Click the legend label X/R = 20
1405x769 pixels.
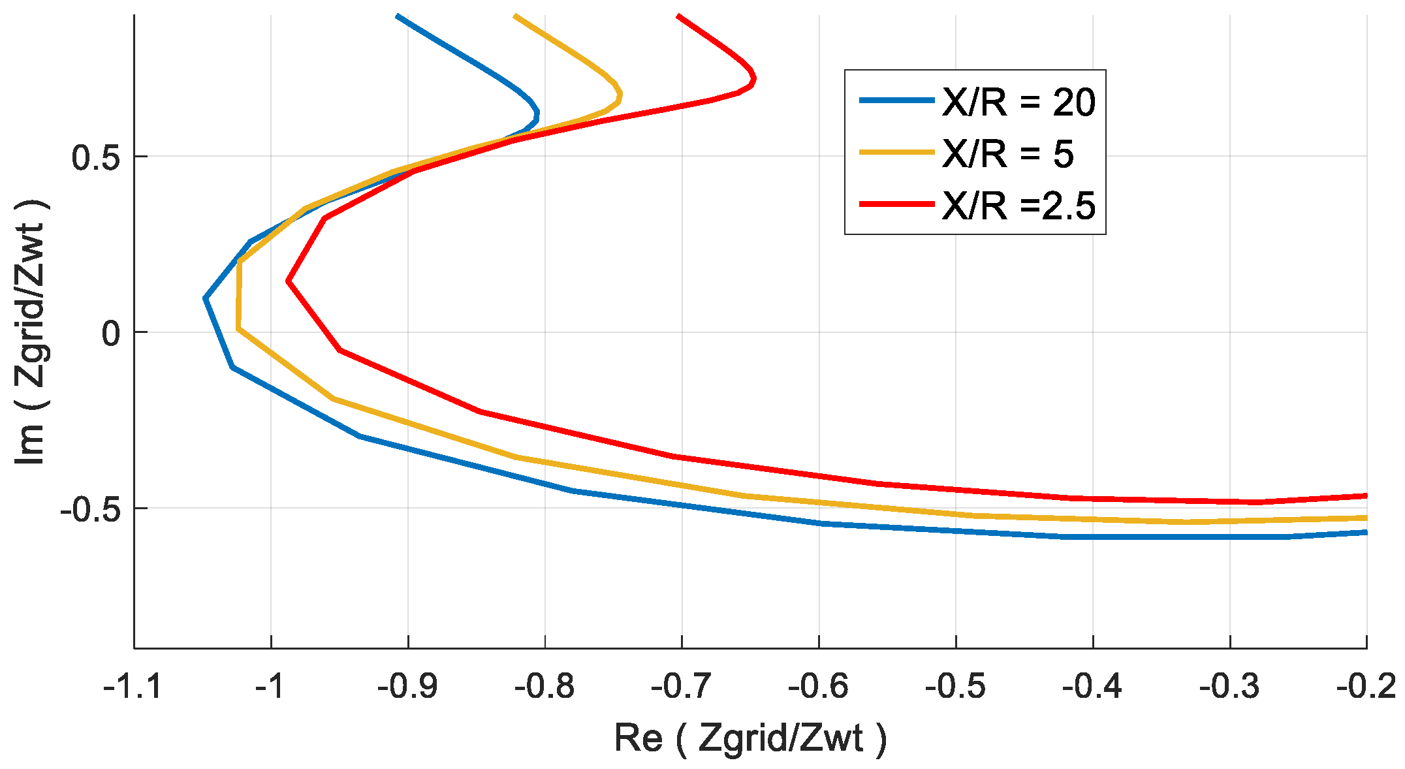click(1018, 102)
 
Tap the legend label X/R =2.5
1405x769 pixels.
click(1018, 206)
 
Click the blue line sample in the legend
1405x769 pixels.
click(896, 101)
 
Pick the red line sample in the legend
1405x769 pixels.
click(896, 204)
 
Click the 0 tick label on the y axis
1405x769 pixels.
click(111, 334)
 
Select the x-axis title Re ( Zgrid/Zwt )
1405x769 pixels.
click(750, 739)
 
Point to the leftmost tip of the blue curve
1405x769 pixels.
click(206, 298)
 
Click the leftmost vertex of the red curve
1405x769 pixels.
click(288, 281)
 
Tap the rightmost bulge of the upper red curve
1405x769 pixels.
click(754, 80)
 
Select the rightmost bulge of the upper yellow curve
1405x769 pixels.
click(620, 95)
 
